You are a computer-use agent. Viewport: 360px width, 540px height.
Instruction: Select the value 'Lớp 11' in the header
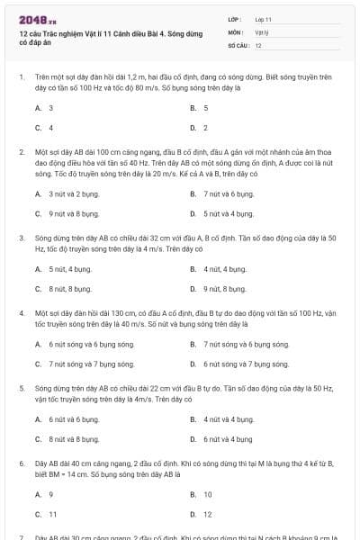tap(264, 19)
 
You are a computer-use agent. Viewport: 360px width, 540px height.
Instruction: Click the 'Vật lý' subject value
tap(262, 31)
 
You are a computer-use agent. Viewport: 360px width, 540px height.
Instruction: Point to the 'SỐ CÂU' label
tap(238, 45)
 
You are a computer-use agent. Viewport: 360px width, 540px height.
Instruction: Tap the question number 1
tap(21, 78)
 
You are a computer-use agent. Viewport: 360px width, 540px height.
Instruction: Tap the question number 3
tap(21, 238)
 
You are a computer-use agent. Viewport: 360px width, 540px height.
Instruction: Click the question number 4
tap(21, 313)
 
